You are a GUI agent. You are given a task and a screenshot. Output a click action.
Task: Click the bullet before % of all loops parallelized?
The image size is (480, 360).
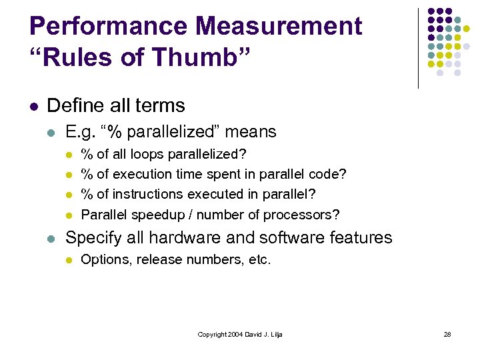click(69, 155)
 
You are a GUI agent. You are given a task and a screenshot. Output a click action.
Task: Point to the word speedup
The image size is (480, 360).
click(147, 215)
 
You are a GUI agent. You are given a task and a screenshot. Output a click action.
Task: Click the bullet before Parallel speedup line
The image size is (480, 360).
click(69, 215)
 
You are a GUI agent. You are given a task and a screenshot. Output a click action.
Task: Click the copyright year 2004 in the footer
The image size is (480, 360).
click(233, 334)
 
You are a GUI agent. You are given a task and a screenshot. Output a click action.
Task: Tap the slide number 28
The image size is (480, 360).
click(447, 334)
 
